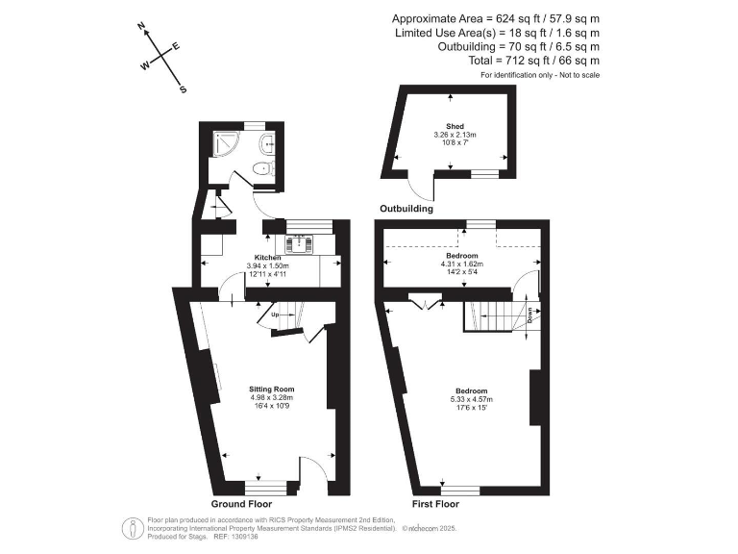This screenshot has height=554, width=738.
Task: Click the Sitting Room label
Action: pos(270,389)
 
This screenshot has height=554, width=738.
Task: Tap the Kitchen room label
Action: pos(267,258)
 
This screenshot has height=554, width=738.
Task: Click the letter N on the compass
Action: pos(141,27)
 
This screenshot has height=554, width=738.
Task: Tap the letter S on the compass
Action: pos(183,89)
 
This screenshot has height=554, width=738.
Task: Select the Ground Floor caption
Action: pos(241,503)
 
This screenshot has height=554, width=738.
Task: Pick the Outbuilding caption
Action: pos(406,208)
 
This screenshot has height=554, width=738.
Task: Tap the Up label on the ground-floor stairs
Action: pos(274,315)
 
